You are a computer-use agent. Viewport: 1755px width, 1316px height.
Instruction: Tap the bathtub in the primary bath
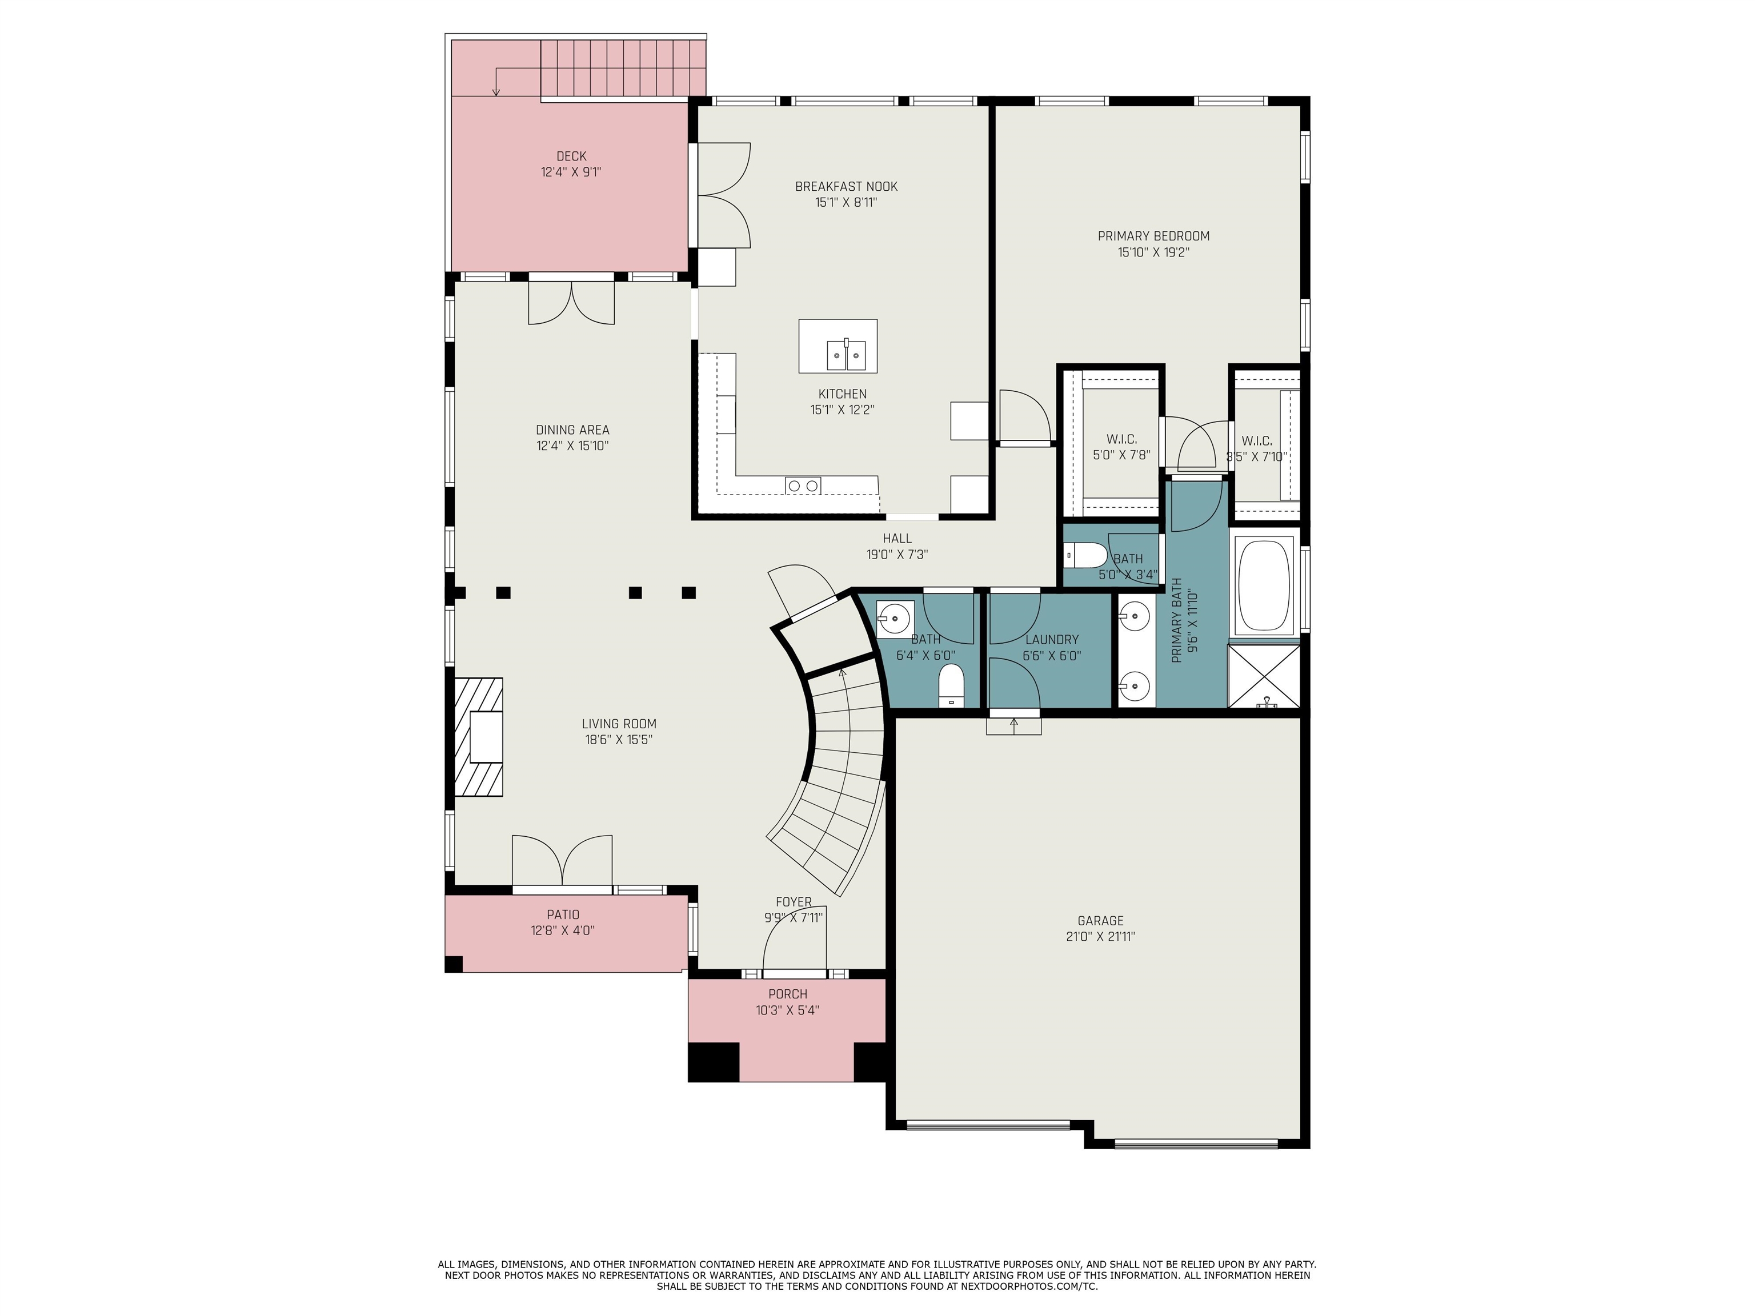pyautogui.click(x=1265, y=585)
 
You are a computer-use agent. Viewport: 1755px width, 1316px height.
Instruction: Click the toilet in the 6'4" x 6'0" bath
pyautogui.click(x=951, y=685)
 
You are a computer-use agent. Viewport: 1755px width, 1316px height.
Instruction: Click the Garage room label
pyautogui.click(x=1100, y=921)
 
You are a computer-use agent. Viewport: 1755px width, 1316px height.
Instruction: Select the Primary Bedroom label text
pyautogui.click(x=1153, y=235)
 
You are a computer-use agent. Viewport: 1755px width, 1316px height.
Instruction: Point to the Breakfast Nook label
pyautogui.click(x=847, y=186)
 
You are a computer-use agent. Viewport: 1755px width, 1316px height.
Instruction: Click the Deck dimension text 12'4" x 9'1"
pyautogui.click(x=571, y=172)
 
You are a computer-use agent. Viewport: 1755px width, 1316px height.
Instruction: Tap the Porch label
pyautogui.click(x=788, y=994)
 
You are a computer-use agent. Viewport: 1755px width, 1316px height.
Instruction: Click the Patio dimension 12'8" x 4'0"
pyautogui.click(x=563, y=930)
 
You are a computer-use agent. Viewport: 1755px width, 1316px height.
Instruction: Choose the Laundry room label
pyautogui.click(x=1052, y=639)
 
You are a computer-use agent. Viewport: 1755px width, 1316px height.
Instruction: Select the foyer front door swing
pyautogui.click(x=794, y=939)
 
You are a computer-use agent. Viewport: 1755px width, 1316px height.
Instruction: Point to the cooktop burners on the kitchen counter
pyautogui.click(x=803, y=486)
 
